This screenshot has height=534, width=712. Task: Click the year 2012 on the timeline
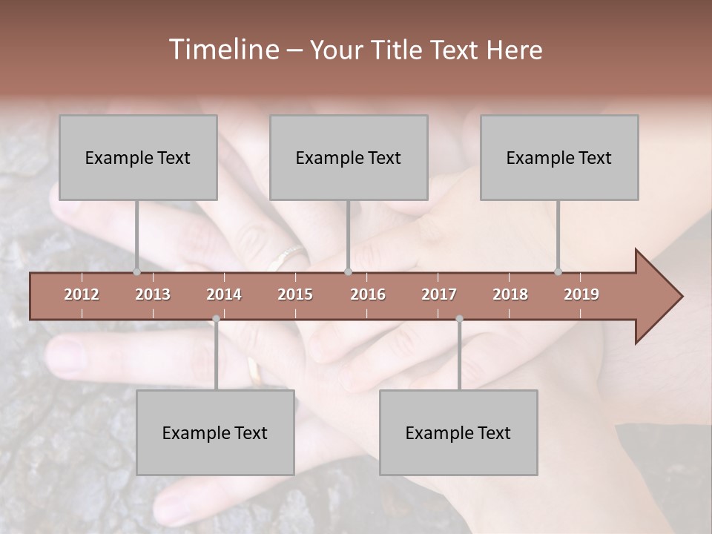coord(82,294)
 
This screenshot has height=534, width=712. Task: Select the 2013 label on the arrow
coord(153,294)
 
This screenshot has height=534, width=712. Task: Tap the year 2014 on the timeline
coord(224,294)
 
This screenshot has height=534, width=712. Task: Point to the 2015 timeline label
coord(295,294)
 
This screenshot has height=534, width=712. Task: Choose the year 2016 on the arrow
coord(368,294)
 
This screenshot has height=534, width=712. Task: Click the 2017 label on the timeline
coord(439,294)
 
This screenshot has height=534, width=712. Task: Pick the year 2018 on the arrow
coord(510,294)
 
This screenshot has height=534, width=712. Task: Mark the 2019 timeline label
coord(581,294)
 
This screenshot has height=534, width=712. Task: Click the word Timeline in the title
coord(222,50)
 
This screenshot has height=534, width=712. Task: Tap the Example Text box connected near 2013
coord(138,157)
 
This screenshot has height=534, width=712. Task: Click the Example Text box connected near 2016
coord(349,157)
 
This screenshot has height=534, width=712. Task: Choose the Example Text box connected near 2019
coord(559,157)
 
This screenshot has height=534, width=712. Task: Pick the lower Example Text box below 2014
coord(215,432)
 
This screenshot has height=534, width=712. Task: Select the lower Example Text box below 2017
coord(458,432)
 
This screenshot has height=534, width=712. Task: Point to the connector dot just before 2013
coord(136,271)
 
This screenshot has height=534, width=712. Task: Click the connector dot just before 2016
coord(348,271)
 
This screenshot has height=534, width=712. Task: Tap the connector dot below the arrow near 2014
coord(216,319)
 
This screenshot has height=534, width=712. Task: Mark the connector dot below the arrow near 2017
coord(459,319)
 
